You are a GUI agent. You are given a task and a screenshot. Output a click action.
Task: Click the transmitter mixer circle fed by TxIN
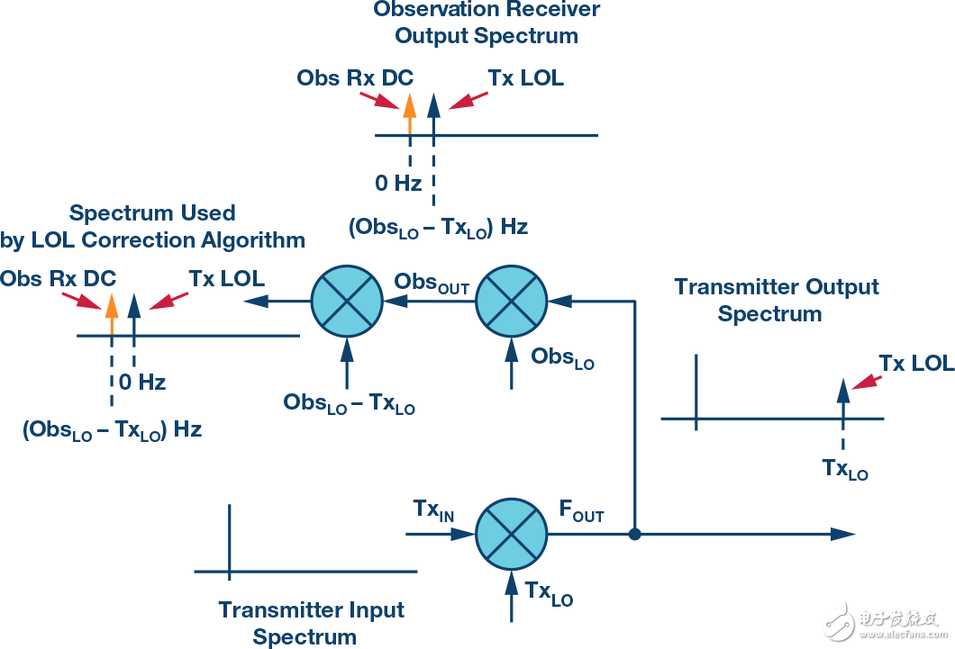(x=511, y=535)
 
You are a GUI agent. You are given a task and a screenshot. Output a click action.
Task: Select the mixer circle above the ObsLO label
(x=511, y=301)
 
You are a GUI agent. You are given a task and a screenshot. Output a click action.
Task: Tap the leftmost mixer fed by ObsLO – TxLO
(x=347, y=301)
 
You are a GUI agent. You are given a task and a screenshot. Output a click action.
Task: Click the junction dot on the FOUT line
(x=634, y=535)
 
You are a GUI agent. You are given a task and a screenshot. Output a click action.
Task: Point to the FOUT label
(x=582, y=511)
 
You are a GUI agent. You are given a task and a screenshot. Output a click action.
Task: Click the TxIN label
(x=433, y=510)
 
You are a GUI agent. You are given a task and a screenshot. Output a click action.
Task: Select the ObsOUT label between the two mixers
(x=432, y=284)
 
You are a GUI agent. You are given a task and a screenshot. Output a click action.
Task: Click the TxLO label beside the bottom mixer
(x=549, y=593)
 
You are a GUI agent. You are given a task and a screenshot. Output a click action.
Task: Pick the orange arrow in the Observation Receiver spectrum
(x=410, y=113)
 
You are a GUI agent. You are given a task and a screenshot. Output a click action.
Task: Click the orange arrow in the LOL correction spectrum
(x=112, y=314)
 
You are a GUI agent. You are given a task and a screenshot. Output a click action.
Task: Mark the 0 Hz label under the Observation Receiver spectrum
(x=398, y=183)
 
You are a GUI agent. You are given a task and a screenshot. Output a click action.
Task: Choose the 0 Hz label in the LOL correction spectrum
(x=142, y=383)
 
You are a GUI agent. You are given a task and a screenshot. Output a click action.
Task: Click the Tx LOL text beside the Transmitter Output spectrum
(x=916, y=363)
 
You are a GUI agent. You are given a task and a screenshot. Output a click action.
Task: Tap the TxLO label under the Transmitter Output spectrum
(x=845, y=469)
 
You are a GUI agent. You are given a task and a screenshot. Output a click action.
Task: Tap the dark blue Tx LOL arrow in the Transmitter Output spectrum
(x=843, y=399)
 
